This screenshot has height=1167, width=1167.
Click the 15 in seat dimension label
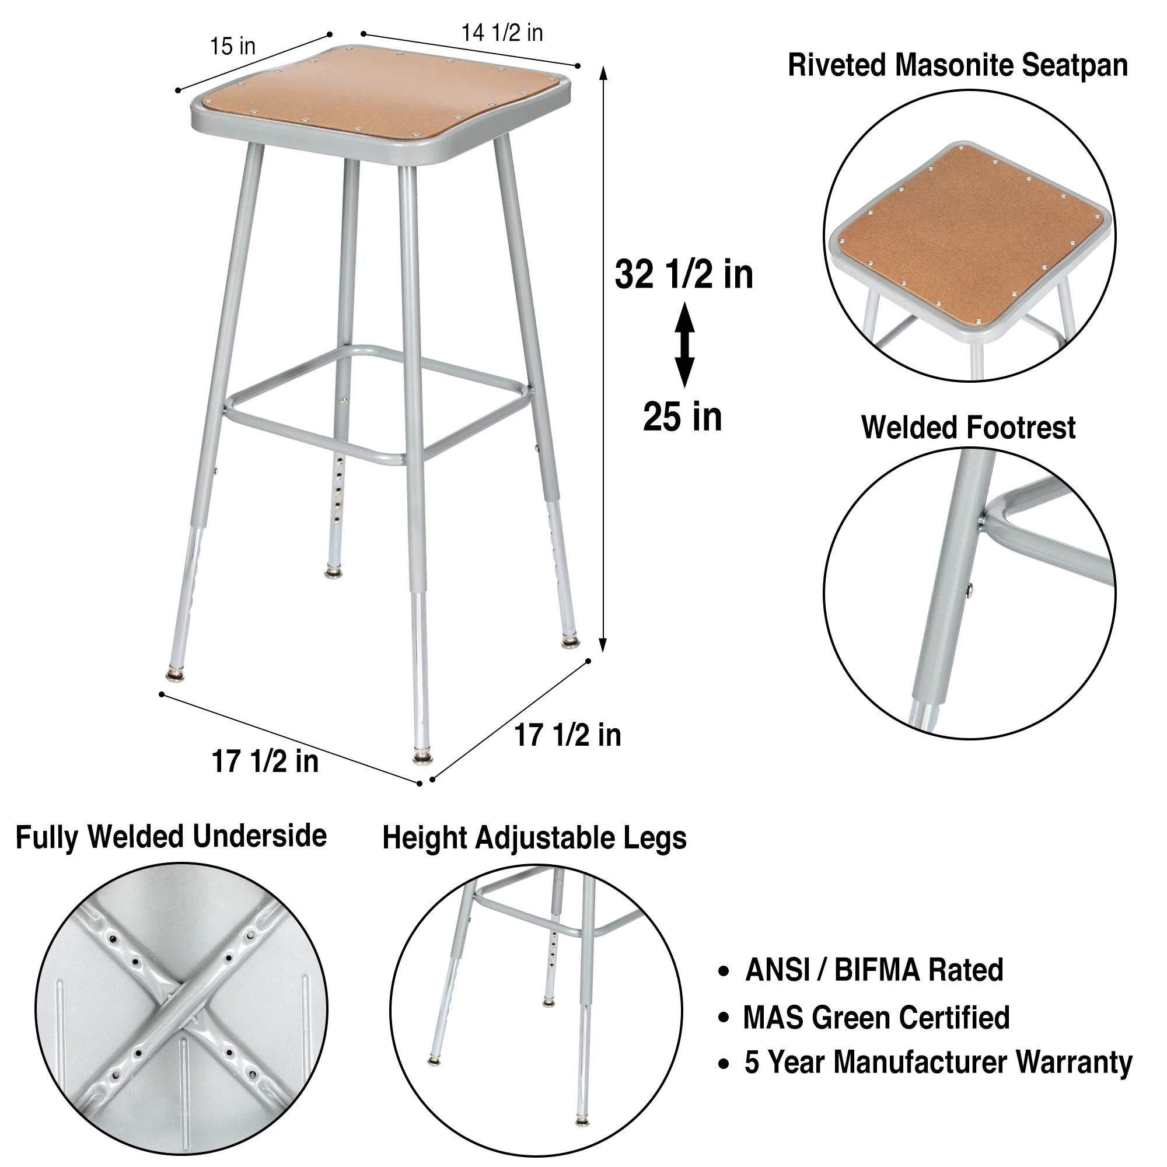point(233,46)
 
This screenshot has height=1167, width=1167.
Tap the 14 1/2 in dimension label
point(502,33)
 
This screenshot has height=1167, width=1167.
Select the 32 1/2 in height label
point(684,275)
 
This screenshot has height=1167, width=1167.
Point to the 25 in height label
point(683,417)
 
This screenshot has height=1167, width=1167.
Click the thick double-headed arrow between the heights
point(684,345)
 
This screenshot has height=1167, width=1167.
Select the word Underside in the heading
point(260,837)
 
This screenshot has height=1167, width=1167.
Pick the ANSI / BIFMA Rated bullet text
point(874,971)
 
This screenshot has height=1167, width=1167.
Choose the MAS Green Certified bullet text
point(876,1018)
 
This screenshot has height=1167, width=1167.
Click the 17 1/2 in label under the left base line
point(265,761)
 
